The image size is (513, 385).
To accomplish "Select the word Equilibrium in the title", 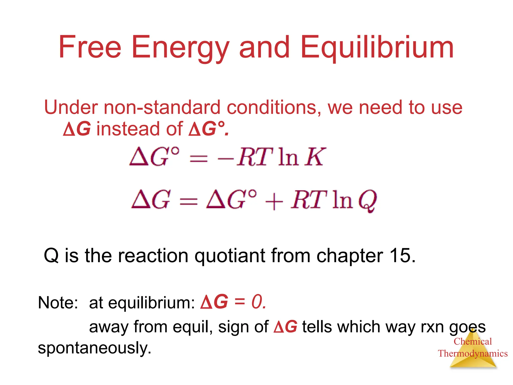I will click(x=377, y=48).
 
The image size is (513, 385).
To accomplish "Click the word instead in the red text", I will click(x=128, y=129).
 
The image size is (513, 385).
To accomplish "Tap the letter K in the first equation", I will click(x=315, y=157).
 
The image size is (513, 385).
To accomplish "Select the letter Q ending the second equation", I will click(x=367, y=201).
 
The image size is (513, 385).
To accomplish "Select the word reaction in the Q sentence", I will click(x=153, y=256).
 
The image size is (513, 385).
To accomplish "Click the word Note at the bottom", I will click(x=58, y=303).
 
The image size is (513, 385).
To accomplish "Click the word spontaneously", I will click(x=94, y=348).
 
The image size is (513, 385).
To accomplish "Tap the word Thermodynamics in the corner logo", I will click(x=473, y=353).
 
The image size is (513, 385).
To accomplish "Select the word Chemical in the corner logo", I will click(x=473, y=341).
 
